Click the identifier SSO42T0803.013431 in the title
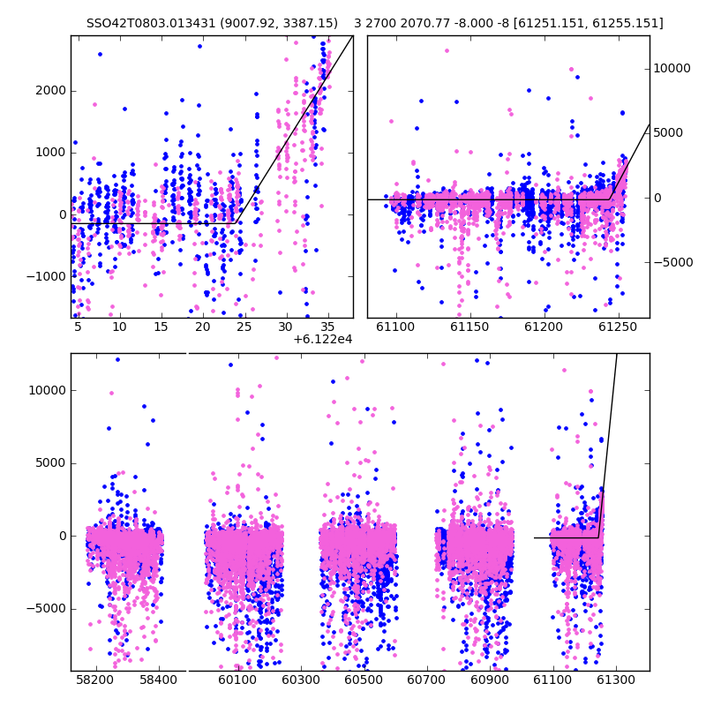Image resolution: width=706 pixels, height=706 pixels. point(151,23)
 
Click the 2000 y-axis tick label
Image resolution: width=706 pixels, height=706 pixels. point(50,91)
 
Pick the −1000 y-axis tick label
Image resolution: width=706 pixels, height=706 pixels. point(46,276)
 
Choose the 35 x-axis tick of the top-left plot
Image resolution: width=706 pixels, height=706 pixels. point(327,327)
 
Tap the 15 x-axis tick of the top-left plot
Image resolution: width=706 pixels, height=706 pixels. point(161,327)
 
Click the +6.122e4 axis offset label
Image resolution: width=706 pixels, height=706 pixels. point(322,339)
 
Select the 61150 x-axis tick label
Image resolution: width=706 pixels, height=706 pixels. point(469,327)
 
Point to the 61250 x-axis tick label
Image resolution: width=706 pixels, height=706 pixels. point(618,327)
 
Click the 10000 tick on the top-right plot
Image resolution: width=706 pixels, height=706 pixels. point(672,69)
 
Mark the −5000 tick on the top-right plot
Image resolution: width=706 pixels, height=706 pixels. point(673,262)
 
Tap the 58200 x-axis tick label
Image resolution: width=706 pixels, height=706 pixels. point(95,680)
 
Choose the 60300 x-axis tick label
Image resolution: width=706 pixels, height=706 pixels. point(300,680)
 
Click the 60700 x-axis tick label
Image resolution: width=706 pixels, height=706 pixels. point(426,680)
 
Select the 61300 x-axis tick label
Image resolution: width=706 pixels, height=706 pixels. point(615,680)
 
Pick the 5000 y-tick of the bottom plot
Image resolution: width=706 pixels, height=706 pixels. point(50,463)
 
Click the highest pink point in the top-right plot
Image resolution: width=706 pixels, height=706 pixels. point(447,51)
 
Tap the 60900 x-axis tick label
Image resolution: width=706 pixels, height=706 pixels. point(490,680)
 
